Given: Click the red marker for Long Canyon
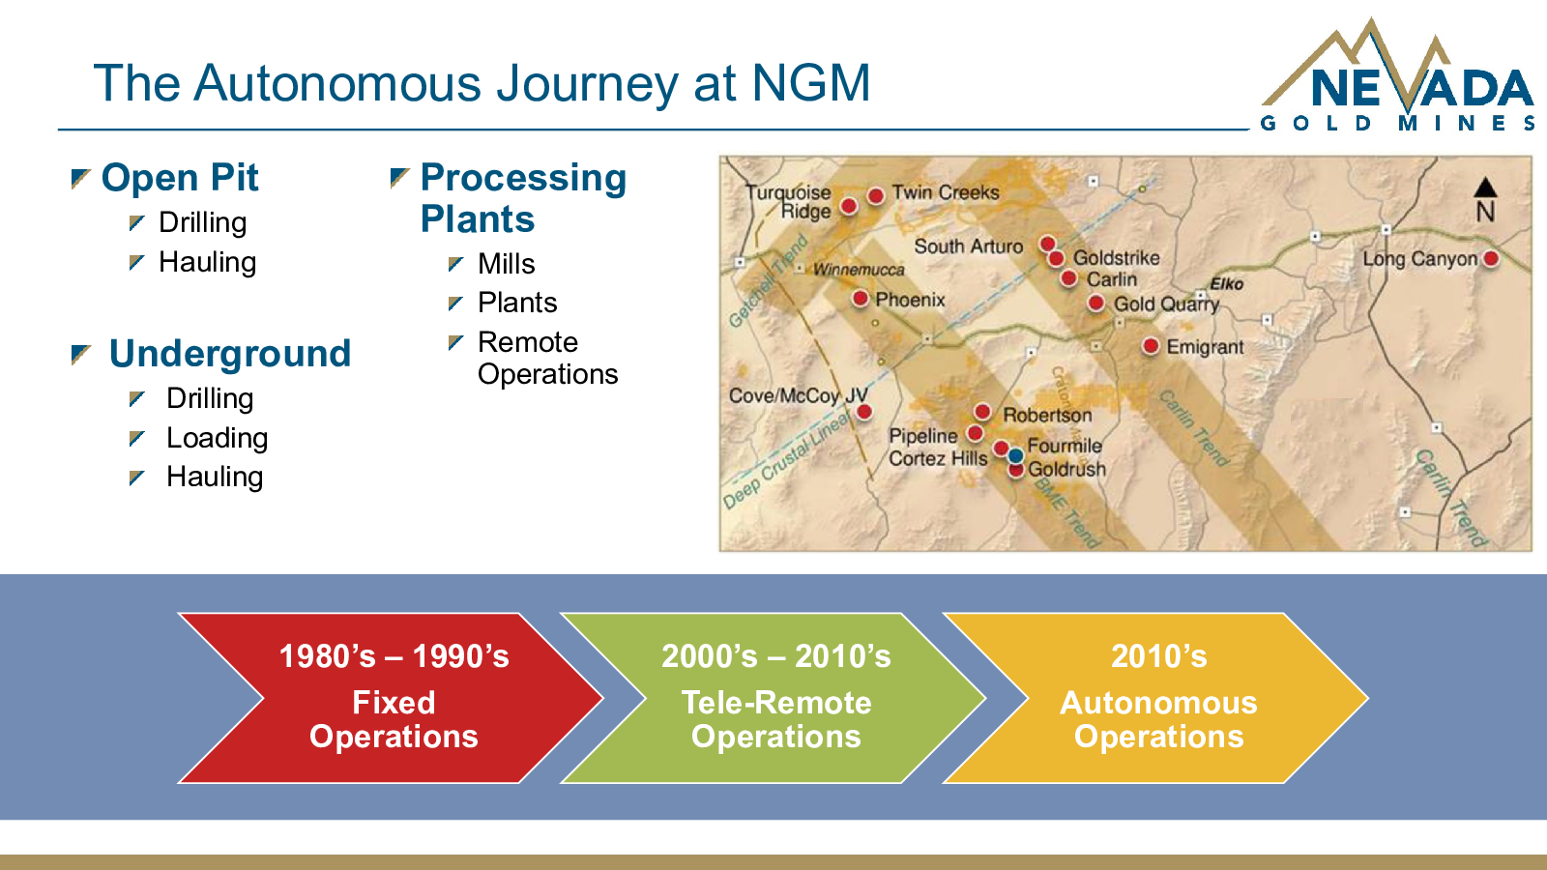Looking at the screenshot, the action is pyautogui.click(x=1491, y=259).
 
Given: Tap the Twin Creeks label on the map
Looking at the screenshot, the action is pyautogui.click(x=946, y=192).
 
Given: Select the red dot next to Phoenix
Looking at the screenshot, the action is pyautogui.click(x=860, y=299).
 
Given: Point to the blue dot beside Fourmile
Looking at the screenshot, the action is pyautogui.click(x=1015, y=455).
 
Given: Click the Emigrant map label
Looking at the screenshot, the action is pyautogui.click(x=1205, y=347).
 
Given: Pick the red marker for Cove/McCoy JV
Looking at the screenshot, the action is pyautogui.click(x=864, y=412).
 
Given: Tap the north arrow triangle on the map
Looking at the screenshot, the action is pyautogui.click(x=1485, y=188).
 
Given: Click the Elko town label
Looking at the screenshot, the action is pyautogui.click(x=1227, y=284).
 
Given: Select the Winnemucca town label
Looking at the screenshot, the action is pyautogui.click(x=859, y=270).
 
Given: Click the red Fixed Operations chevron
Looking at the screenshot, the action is pyautogui.click(x=391, y=698).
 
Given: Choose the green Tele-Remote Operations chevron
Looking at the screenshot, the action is pyautogui.click(x=773, y=698).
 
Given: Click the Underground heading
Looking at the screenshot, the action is pyautogui.click(x=230, y=354).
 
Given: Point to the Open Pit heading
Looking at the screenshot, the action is pyautogui.click(x=180, y=178).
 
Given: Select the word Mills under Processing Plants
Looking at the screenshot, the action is pyautogui.click(x=507, y=264).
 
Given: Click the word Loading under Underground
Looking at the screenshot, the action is pyautogui.click(x=217, y=439).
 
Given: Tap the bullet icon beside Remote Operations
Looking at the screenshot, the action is pyautogui.click(x=455, y=342).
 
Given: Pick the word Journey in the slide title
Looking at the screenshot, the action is pyautogui.click(x=587, y=84).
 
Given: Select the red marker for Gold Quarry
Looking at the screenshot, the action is pyautogui.click(x=1096, y=303).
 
